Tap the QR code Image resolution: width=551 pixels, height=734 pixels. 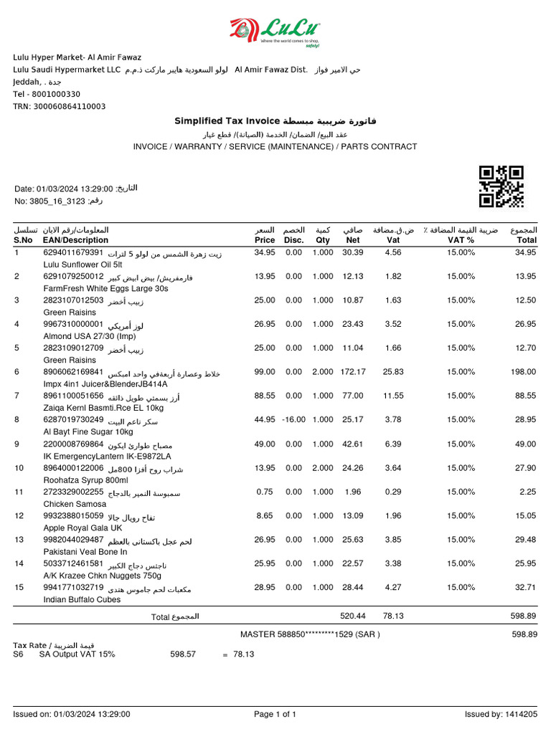click(501, 186)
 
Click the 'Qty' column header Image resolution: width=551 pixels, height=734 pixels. click(323, 240)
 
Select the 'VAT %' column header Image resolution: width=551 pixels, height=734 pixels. click(461, 240)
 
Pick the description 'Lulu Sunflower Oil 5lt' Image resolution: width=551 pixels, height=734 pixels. click(85, 264)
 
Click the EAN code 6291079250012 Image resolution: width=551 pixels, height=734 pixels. click(74, 276)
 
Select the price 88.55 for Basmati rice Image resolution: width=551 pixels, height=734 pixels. click(265, 396)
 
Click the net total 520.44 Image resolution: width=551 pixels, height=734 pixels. click(352, 616)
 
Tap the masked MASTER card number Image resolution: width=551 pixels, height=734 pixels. click(310, 634)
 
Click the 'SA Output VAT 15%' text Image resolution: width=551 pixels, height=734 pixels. click(76, 654)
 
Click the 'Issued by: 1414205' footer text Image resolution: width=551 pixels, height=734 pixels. click(501, 714)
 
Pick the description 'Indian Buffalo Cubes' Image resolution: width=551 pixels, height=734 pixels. click(83, 600)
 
